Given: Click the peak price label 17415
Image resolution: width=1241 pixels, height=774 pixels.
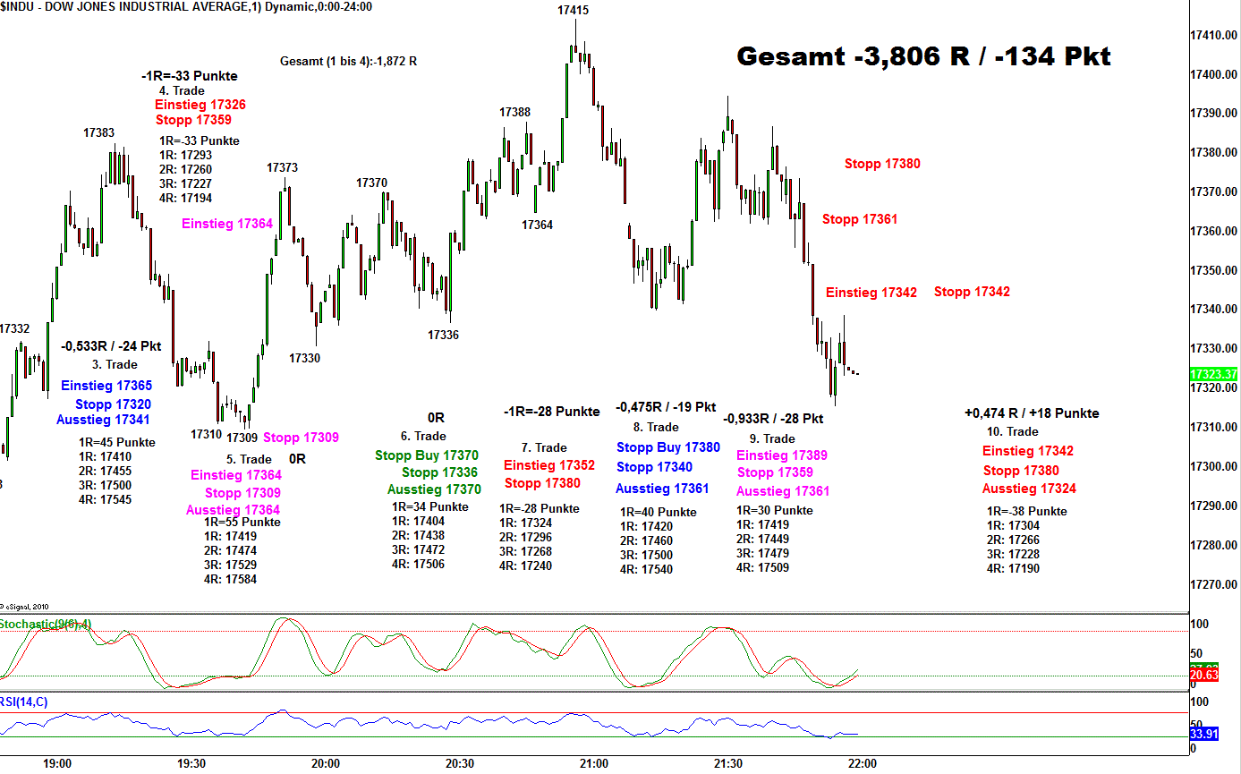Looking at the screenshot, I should click(573, 11).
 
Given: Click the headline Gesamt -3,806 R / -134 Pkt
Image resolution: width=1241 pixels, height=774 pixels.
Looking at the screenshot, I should click(923, 57).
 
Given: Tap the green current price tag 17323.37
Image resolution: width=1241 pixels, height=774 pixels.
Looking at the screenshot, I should click(1214, 374).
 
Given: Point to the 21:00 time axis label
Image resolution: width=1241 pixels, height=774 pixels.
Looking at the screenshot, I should click(593, 763).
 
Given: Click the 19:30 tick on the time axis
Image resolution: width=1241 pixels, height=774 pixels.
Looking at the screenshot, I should click(191, 763).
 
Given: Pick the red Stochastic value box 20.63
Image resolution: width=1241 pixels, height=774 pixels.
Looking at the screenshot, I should click(1203, 675).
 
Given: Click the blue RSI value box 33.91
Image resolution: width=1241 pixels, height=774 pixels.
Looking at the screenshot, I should click(1203, 734).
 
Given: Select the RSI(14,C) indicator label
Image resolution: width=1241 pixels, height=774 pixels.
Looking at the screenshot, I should click(24, 702).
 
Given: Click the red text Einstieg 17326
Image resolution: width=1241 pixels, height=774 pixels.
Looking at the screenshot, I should click(200, 105).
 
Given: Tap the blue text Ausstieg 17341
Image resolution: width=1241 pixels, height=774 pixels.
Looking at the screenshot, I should click(103, 420).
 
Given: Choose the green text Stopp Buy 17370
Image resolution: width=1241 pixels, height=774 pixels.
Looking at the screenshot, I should click(427, 455).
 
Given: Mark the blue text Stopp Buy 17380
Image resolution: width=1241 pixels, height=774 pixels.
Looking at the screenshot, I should click(667, 447).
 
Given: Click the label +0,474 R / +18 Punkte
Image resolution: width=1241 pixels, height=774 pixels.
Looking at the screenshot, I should click(1032, 413).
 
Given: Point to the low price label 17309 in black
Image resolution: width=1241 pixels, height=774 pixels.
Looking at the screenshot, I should click(242, 438).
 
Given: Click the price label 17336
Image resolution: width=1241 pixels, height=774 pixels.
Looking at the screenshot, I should click(443, 335).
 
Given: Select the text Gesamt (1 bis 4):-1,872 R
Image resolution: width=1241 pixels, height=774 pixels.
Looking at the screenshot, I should click(349, 62).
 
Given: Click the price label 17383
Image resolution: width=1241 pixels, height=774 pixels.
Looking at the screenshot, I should click(98, 132).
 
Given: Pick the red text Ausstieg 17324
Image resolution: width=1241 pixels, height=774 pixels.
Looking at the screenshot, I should click(1029, 489).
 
